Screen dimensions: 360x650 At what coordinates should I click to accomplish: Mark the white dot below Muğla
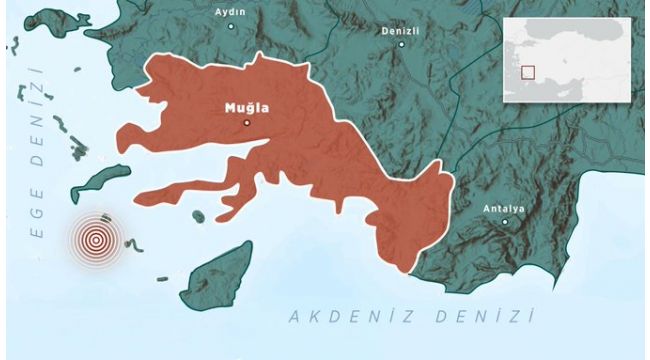tap(247, 122)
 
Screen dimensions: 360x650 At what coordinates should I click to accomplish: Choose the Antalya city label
tap(504, 208)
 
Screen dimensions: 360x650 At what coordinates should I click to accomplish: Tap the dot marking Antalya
tap(505, 221)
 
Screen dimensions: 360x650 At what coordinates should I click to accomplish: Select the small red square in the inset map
tap(527, 72)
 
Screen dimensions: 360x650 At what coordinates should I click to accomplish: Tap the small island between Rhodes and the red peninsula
tap(199, 215)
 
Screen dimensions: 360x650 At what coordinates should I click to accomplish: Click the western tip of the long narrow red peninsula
tap(138, 195)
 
